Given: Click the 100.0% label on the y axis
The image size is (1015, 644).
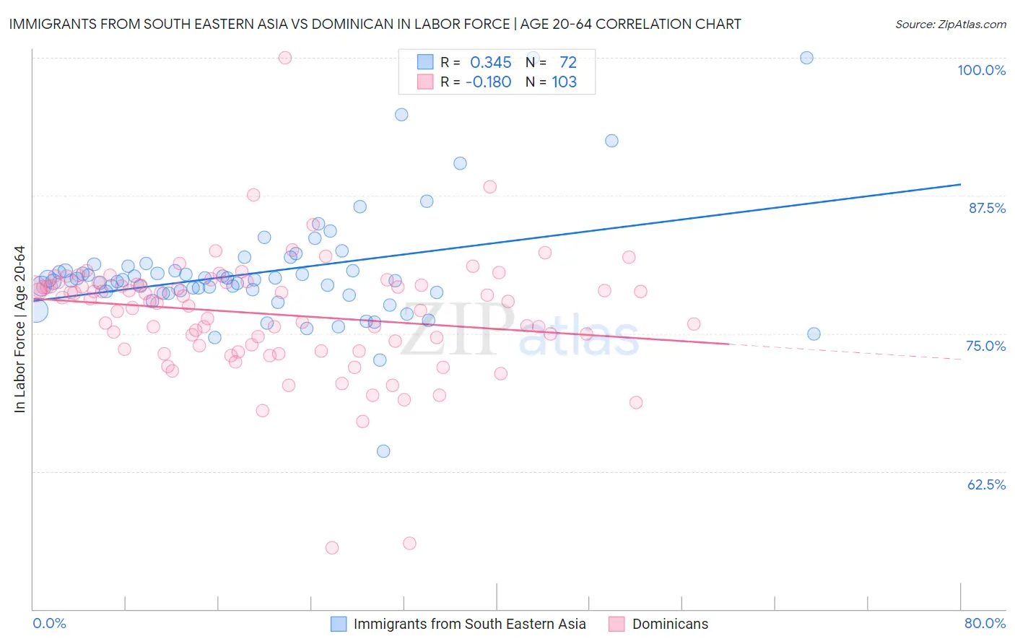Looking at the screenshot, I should pos(981,70).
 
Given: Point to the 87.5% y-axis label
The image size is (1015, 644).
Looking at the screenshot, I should pos(987,208).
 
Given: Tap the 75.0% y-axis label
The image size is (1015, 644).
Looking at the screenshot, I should pos(985,346).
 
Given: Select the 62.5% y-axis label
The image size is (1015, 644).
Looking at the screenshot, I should pos(986,484).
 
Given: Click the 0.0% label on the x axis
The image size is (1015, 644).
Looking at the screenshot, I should pos(49,623).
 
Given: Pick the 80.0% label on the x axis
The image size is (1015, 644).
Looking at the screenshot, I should pos(985,623).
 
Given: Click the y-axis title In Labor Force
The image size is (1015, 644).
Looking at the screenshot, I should pos(19,329).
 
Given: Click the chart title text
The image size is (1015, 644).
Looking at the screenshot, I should pos(375,24).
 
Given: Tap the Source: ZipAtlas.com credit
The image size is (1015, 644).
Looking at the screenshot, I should pos(950,24).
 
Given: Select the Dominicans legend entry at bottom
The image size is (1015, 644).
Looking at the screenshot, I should pos(670,624).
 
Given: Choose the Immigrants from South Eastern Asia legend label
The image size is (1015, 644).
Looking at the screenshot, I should pos(469,624).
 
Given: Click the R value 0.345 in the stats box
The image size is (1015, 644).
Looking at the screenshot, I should pos(490,63).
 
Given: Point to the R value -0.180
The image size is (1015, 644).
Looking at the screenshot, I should pos(488,82).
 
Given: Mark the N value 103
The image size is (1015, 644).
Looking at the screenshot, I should pos(564,82).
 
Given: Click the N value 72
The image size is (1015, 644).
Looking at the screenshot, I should pos(567,63).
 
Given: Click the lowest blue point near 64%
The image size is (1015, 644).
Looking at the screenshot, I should pos(383,451).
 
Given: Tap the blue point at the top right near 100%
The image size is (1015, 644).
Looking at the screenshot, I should pos(806,58).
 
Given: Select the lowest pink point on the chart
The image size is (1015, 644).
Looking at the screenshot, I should pos(332,548).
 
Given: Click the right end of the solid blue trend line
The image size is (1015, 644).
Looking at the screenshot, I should pos(960,185).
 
